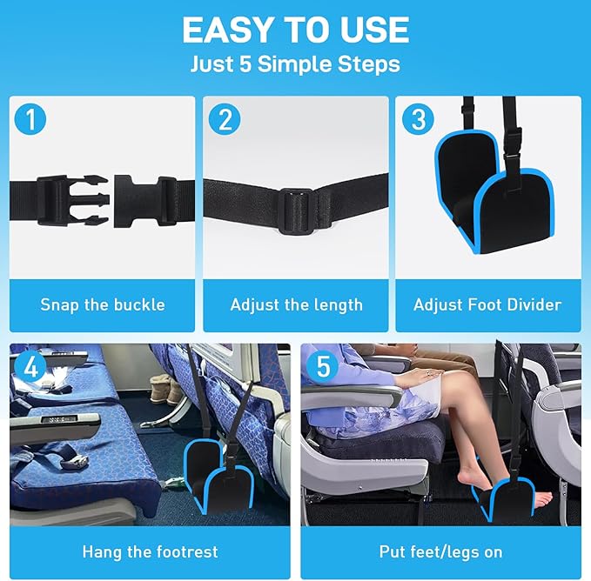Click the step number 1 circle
pyautogui.click(x=31, y=119)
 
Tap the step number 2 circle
pyautogui.click(x=225, y=119)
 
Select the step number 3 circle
pyautogui.click(x=418, y=119)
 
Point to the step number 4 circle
pyautogui.click(x=31, y=366)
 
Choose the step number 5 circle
pyautogui.click(x=323, y=366)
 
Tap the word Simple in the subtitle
pyautogui.click(x=306, y=63)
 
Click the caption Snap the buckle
pyautogui.click(x=102, y=304)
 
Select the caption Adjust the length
pyautogui.click(x=296, y=304)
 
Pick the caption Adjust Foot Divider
pyautogui.click(x=487, y=304)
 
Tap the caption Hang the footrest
pyautogui.click(x=150, y=551)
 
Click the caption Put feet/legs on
pyautogui.click(x=440, y=551)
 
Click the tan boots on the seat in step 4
pyautogui.click(x=165, y=388)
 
